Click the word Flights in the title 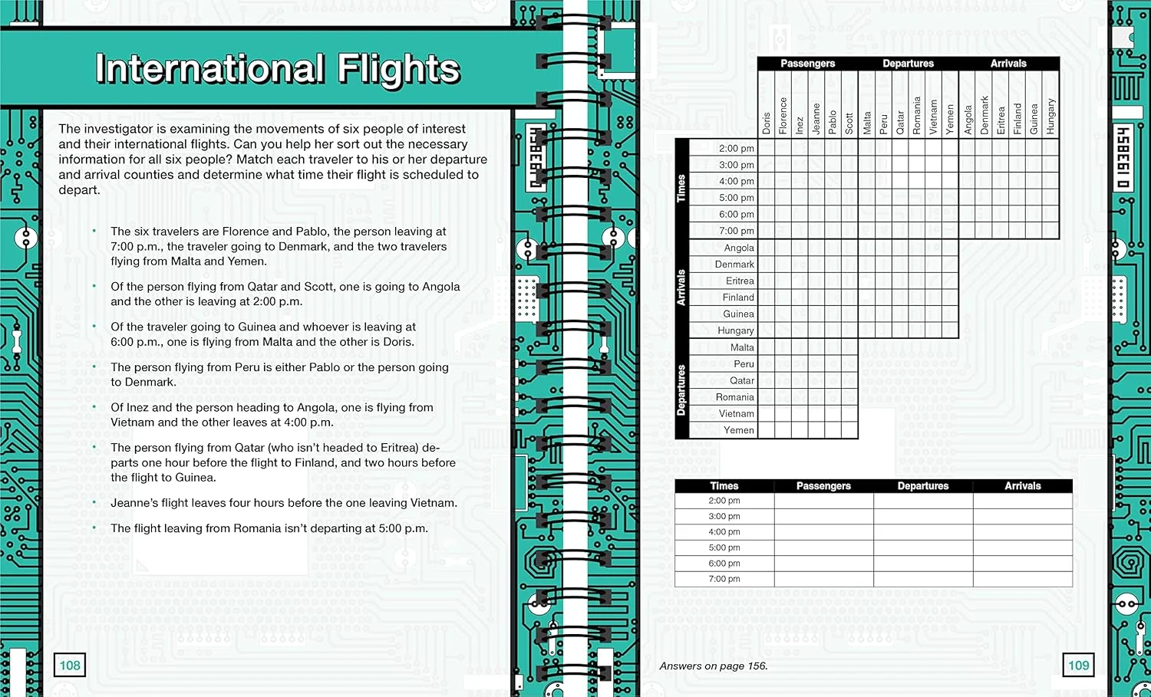(x=398, y=69)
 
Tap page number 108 (x=70, y=665)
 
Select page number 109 (x=1078, y=665)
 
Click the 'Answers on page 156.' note (x=713, y=666)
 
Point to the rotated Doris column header (x=766, y=123)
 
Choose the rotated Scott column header (x=849, y=123)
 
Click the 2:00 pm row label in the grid (x=736, y=148)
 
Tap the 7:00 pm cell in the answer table (x=724, y=579)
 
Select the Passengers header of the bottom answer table (x=823, y=486)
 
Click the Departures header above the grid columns (x=908, y=64)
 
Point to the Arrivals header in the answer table (x=1022, y=486)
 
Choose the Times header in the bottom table (x=724, y=486)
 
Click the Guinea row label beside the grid (x=738, y=314)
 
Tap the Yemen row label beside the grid (x=738, y=430)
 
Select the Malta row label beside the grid (x=741, y=347)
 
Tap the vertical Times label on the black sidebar (x=681, y=189)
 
